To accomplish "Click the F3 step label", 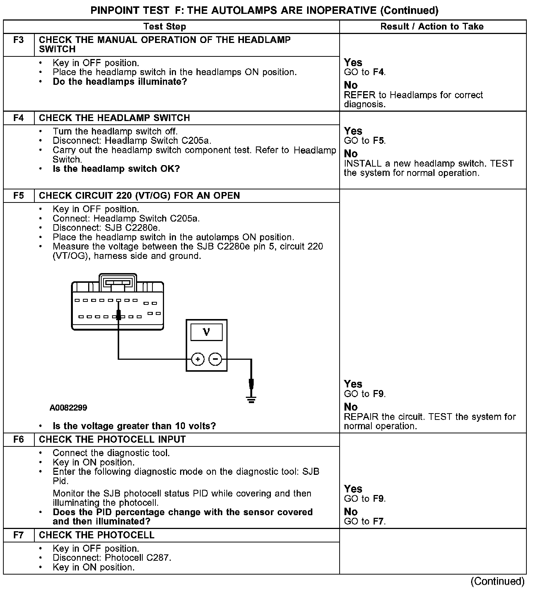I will [18, 40].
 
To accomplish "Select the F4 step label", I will [18, 118].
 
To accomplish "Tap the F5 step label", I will [18, 196].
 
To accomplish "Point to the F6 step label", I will [18, 439].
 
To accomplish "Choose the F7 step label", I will [18, 535].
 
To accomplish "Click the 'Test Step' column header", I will [165, 27].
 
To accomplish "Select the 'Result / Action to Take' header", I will [432, 27].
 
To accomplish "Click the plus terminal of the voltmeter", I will [198, 359].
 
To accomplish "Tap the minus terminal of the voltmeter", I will [215, 359].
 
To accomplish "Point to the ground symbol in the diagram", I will [251, 400].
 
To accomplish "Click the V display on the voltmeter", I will [206, 332].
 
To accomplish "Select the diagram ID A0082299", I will [68, 408].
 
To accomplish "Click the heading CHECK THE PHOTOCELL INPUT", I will [112, 439].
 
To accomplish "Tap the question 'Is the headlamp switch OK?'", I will [116, 169].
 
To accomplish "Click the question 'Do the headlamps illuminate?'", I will [120, 82].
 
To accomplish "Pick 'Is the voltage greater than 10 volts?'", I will [134, 426].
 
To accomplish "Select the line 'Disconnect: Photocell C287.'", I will [112, 558].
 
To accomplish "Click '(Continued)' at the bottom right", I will [497, 581].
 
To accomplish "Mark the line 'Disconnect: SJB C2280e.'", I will [106, 228].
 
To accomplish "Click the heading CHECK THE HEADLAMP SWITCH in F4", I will [114, 118].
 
